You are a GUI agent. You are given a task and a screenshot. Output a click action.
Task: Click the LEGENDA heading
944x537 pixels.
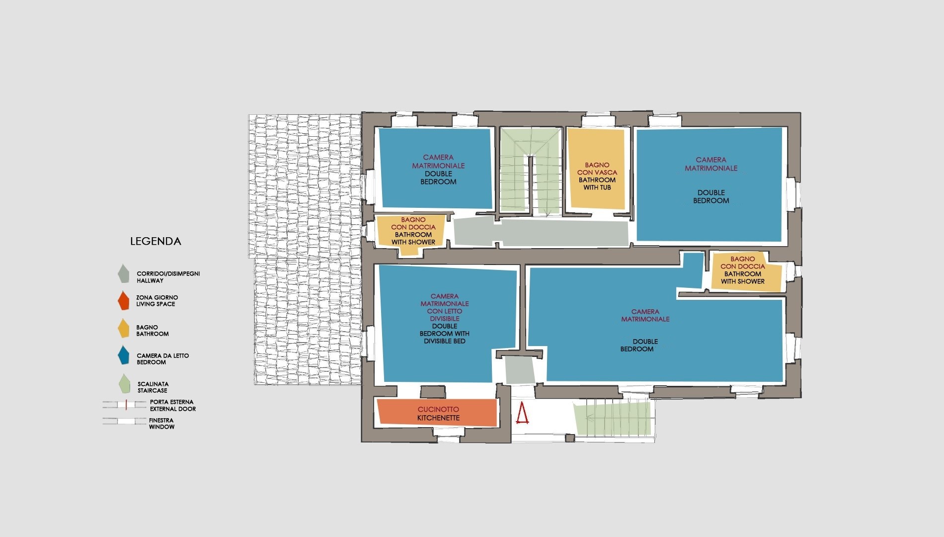pos(156,242)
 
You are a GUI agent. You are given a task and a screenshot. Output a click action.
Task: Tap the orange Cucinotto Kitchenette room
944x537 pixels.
pos(437,413)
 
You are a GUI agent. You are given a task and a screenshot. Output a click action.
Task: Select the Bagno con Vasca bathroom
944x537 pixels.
pos(596,168)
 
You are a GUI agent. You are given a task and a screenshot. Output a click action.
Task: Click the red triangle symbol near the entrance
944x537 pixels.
pos(522,414)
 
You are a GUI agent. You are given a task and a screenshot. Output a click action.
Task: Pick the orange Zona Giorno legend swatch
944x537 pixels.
pos(123,301)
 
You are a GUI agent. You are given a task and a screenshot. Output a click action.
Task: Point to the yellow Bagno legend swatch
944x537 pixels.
pos(123,329)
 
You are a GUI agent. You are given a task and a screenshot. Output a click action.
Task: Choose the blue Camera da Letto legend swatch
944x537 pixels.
pos(123,355)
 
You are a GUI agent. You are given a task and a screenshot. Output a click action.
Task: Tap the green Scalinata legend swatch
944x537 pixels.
pos(123,383)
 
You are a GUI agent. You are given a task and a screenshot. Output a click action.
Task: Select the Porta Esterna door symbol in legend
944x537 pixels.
pos(125,405)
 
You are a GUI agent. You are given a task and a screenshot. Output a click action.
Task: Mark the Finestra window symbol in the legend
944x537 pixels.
pos(125,421)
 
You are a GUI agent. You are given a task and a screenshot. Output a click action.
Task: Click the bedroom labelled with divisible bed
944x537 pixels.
pos(447,323)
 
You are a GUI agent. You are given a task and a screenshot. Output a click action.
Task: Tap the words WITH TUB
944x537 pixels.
pos(597,187)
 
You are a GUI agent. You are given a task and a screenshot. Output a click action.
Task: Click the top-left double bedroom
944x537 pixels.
pos(436,168)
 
